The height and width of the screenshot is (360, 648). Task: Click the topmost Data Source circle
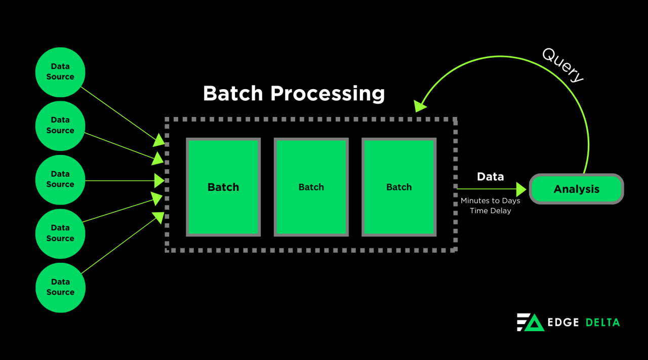(x=60, y=72)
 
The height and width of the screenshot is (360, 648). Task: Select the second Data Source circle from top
(x=60, y=126)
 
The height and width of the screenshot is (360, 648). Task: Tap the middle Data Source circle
(x=60, y=180)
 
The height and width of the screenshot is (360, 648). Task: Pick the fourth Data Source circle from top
(x=60, y=233)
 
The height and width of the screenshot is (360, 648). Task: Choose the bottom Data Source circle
(x=60, y=287)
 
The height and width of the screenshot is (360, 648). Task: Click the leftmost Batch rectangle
(x=223, y=187)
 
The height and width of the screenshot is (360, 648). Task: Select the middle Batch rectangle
(x=311, y=187)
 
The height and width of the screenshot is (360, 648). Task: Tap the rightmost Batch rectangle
(x=399, y=187)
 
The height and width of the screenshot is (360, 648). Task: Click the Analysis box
(x=576, y=189)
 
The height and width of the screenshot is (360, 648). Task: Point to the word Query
(x=563, y=65)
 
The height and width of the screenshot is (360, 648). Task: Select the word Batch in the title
(x=233, y=94)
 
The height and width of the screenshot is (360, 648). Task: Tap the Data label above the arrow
(x=490, y=177)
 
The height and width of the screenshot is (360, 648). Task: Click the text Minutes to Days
(x=490, y=201)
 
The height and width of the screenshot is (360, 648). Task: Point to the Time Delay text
(x=490, y=211)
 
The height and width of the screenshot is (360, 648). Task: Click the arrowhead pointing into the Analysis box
(x=521, y=189)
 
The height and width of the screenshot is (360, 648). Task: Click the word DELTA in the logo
(x=602, y=323)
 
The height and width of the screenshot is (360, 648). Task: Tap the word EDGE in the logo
(x=563, y=323)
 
